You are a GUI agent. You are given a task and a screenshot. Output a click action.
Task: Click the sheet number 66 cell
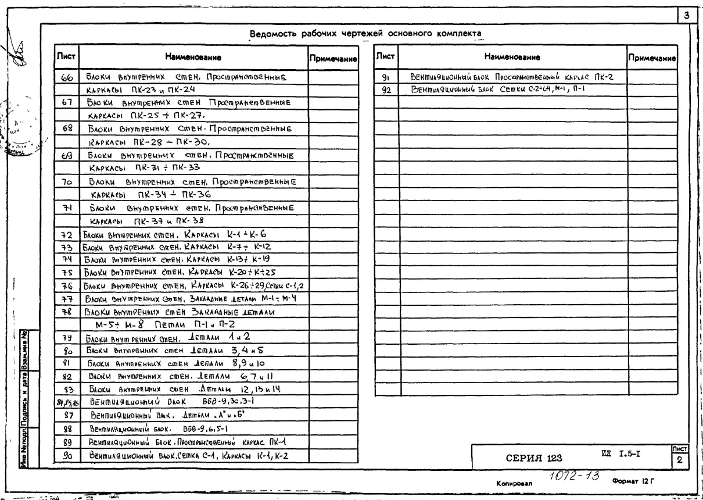[66, 77]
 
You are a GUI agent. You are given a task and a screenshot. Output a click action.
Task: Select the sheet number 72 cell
[66, 234]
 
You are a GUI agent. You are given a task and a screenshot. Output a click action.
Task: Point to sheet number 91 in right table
[385, 77]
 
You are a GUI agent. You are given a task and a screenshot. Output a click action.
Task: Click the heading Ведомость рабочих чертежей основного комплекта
[367, 33]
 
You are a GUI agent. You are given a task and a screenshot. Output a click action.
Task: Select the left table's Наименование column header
[192, 57]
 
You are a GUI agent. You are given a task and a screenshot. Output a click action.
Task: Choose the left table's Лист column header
[66, 56]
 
